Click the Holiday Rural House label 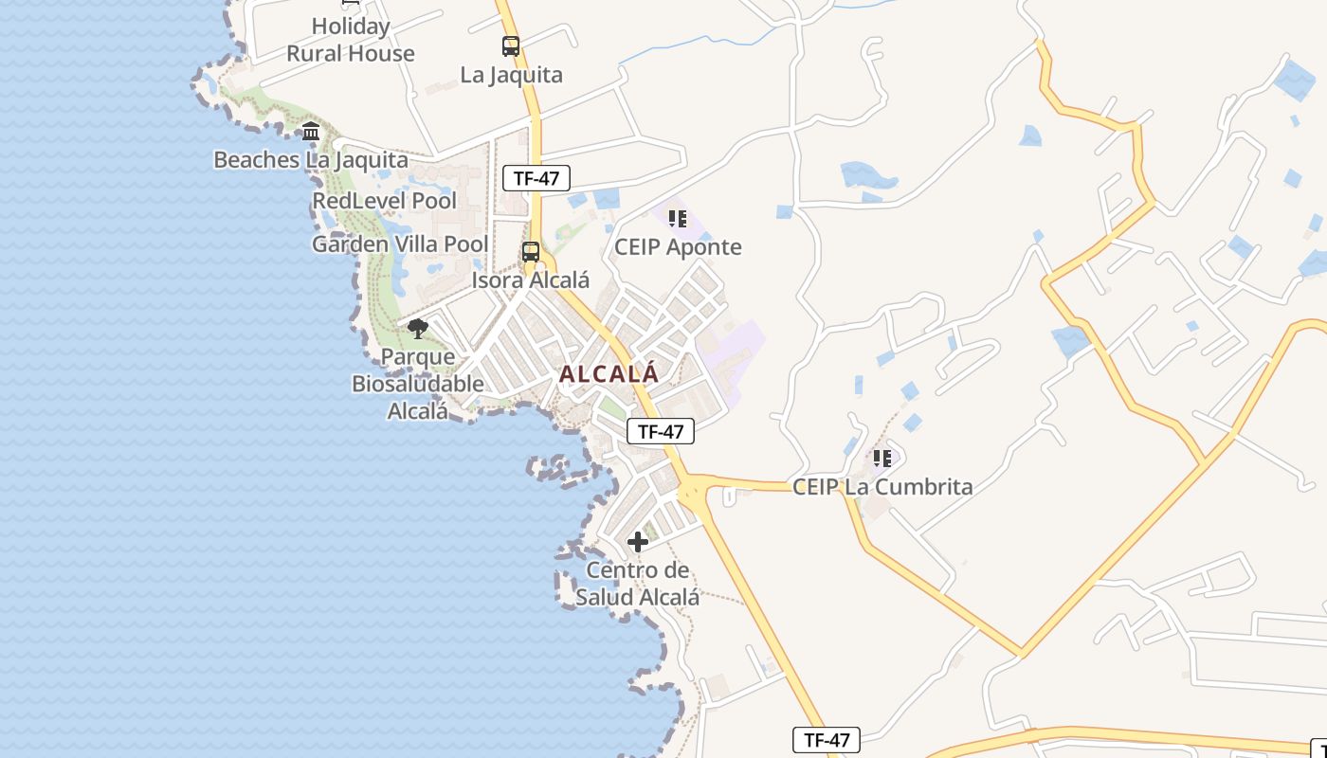click(x=351, y=40)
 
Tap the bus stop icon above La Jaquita click(x=511, y=45)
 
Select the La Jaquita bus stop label click(x=511, y=75)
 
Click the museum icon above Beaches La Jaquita click(x=311, y=132)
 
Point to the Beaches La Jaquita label click(x=310, y=160)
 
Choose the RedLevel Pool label click(x=384, y=201)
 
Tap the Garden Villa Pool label click(x=400, y=244)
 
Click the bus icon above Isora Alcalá click(x=531, y=252)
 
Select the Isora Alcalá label click(x=531, y=280)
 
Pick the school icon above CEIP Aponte click(x=677, y=219)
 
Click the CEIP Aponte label click(x=677, y=247)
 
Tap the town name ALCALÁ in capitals click(x=609, y=374)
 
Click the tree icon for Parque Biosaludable click(x=417, y=329)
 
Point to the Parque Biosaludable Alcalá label click(x=417, y=384)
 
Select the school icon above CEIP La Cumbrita click(x=882, y=459)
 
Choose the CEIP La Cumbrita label click(x=882, y=487)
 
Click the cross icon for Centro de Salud click(x=638, y=542)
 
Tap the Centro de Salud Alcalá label click(x=638, y=584)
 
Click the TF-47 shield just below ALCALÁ click(x=661, y=432)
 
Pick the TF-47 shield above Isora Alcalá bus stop click(x=536, y=178)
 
